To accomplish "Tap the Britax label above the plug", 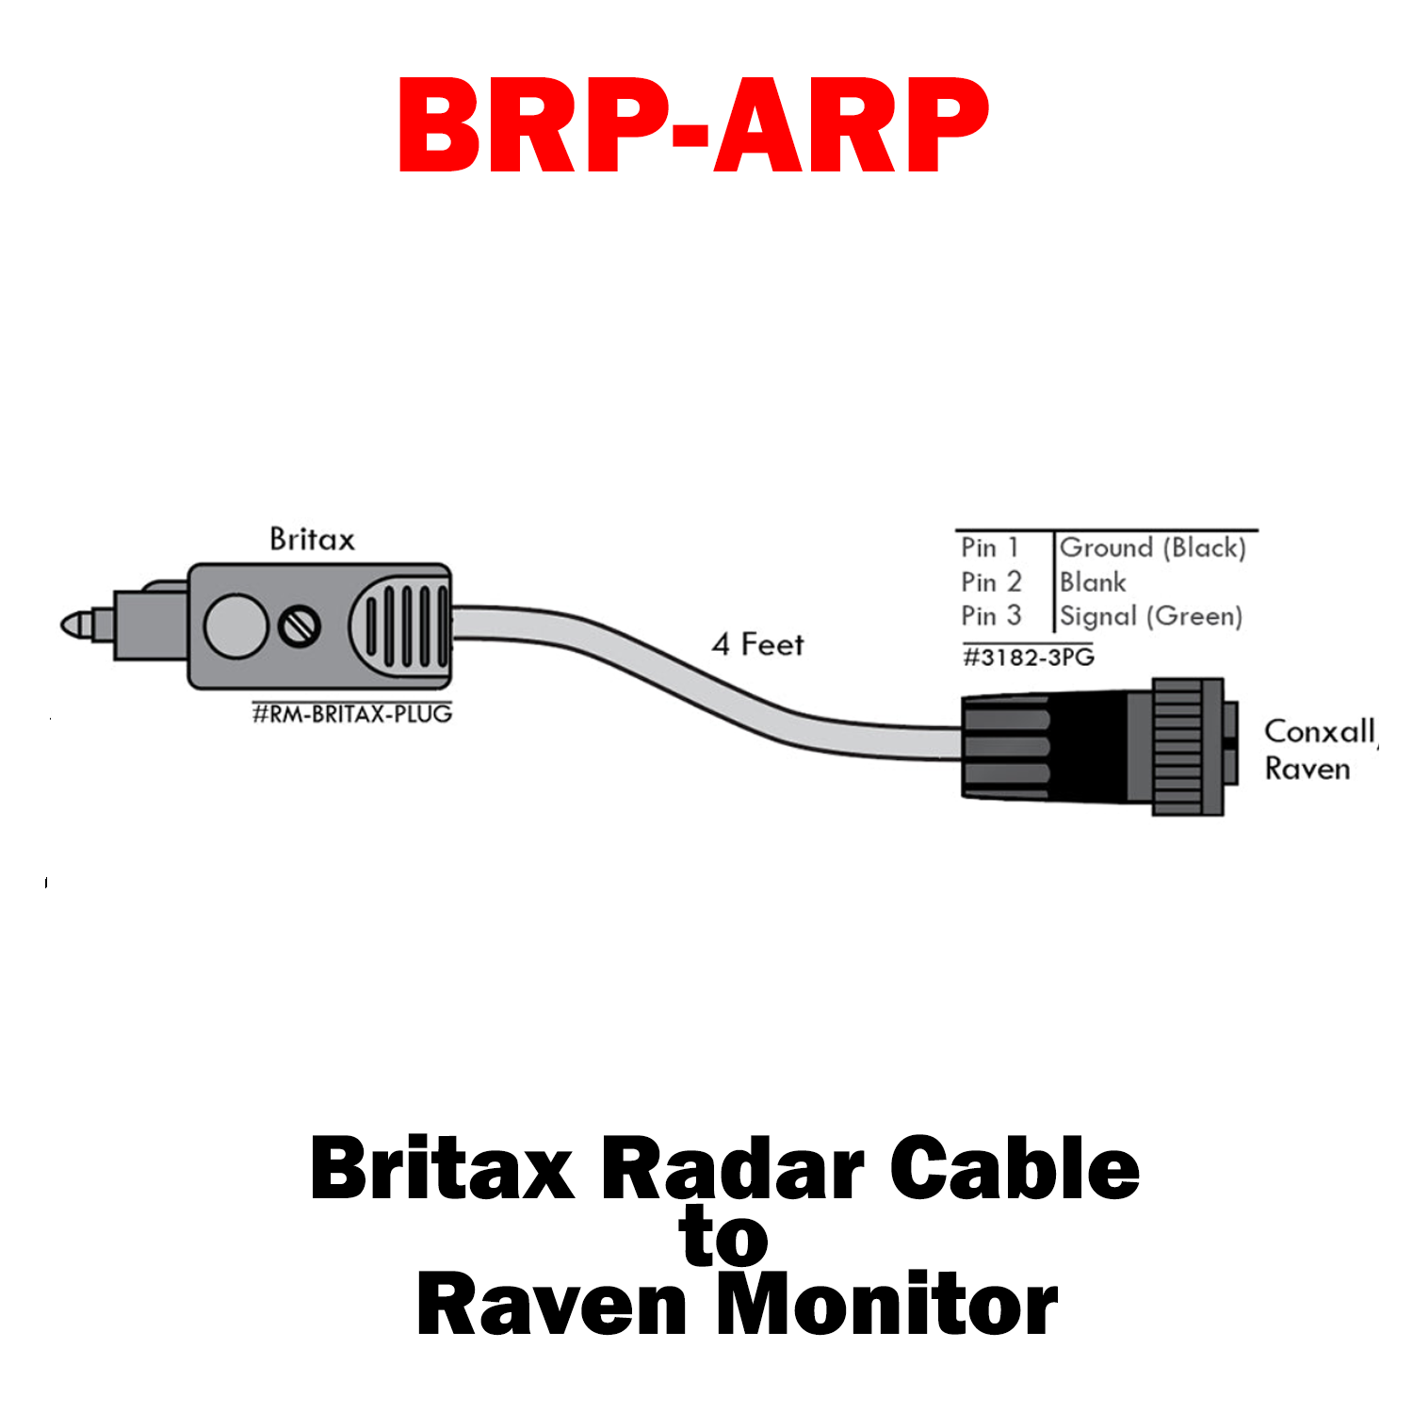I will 312,540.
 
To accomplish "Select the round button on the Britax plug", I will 235,625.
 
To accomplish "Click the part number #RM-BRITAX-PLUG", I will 351,714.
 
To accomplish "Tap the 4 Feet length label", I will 757,644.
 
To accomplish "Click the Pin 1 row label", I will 989,547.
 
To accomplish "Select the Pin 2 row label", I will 991,582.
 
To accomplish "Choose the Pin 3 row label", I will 991,616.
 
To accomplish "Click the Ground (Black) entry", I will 1152,547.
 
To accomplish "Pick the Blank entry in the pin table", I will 1092,582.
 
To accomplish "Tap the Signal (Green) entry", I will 1150,616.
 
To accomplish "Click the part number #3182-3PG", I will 1028,657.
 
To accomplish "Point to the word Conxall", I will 1319,731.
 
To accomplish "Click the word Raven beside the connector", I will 1307,769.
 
